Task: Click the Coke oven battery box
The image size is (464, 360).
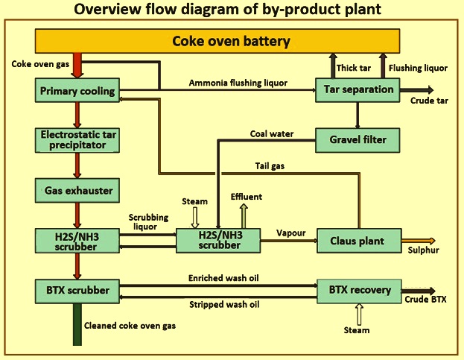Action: pos(231,41)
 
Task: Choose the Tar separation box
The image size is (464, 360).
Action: pos(358,90)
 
